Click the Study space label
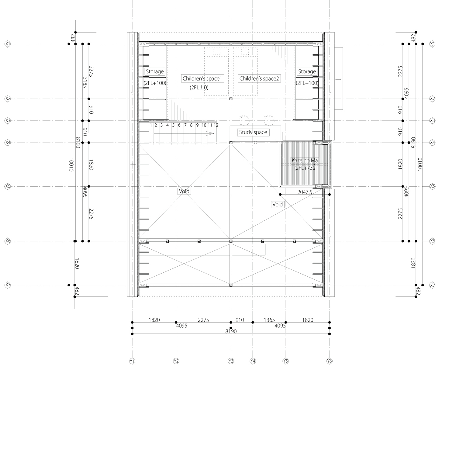pos(253,132)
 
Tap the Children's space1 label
pos(202,79)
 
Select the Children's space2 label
pos(259,79)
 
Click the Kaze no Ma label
pos(305,161)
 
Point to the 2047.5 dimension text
pos(305,192)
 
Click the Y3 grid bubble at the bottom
pos(231,361)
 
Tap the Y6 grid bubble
pos(330,361)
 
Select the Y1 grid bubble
pos(132,361)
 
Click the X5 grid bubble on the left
pos(8,186)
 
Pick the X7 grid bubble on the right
pos(432,285)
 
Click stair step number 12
pos(216,125)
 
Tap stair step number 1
pos(151,125)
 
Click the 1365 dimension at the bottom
pos(269,320)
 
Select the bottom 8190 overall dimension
pos(231,331)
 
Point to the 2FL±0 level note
pos(199,88)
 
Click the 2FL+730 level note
pos(305,168)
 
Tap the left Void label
pos(184,191)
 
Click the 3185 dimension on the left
pos(85,82)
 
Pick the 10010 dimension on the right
pos(420,164)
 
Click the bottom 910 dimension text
pos(240,320)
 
